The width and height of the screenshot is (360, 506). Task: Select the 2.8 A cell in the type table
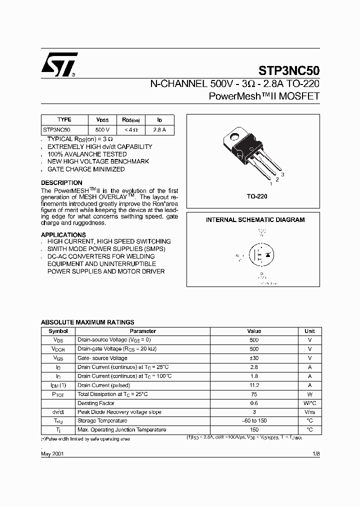159,129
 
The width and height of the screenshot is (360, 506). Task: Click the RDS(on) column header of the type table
131,120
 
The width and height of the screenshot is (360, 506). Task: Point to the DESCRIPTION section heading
61,183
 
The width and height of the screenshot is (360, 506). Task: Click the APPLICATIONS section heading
63,235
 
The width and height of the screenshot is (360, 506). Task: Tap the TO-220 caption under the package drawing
257,196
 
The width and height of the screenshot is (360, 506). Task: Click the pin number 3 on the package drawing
282,174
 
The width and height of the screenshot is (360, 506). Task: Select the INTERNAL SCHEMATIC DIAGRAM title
255,220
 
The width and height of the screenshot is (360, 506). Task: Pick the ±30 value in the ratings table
254,358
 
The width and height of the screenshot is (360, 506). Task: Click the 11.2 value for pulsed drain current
254,385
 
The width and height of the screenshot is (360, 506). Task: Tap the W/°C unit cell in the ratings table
309,403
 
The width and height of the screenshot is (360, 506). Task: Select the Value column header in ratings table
254,331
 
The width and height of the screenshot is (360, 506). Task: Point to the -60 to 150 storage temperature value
254,421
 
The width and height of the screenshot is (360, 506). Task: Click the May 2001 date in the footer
52,453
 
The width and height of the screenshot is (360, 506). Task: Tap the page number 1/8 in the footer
315,453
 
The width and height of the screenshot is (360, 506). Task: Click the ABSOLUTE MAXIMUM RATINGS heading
87,322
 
